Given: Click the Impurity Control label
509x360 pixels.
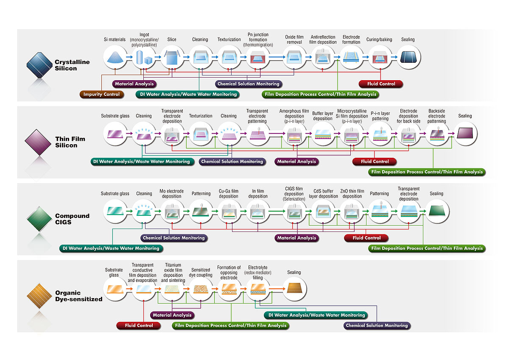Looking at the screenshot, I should pyautogui.click(x=102, y=94).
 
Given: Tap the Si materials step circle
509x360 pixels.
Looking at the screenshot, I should pyautogui.click(x=115, y=57).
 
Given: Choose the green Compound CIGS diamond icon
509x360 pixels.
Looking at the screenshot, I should pyautogui.click(x=40, y=218).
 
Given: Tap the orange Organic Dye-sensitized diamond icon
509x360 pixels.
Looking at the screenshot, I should pyautogui.click(x=40, y=295).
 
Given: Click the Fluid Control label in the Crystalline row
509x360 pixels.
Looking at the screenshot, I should pyautogui.click(x=381, y=84).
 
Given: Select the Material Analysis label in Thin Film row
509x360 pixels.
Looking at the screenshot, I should pyautogui.click(x=296, y=162).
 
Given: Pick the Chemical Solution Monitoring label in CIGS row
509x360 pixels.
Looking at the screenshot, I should pyautogui.click(x=173, y=238).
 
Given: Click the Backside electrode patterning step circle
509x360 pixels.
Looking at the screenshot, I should pyautogui.click(x=437, y=134).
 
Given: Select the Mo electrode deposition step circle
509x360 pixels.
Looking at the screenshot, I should pyautogui.click(x=172, y=211).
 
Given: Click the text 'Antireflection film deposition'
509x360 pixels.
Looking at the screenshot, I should pyautogui.click(x=323, y=39).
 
